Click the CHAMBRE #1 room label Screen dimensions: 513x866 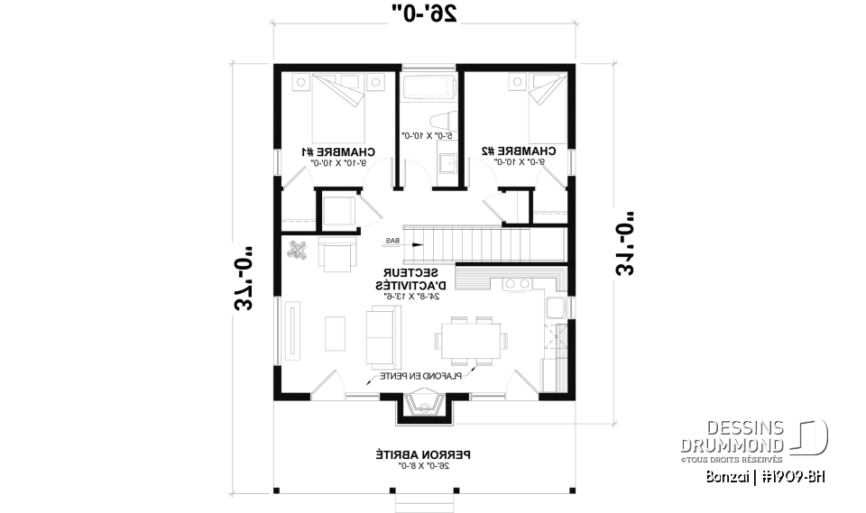click(340, 151)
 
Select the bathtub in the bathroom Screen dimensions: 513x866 click(428, 88)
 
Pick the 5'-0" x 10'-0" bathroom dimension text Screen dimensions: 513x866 click(430, 135)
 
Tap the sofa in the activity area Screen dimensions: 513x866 click(379, 334)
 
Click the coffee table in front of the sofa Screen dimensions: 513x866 click(335, 334)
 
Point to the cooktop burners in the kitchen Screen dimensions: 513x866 click(517, 284)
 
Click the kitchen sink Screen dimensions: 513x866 click(553, 308)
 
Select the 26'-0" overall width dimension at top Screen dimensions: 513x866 click(425, 13)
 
